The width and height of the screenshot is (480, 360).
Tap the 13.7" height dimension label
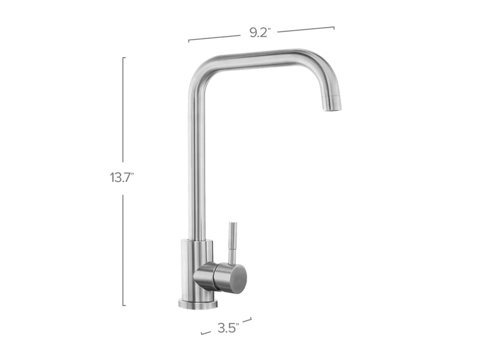121,178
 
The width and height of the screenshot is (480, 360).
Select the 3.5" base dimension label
228,328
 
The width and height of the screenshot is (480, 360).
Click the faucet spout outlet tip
332,107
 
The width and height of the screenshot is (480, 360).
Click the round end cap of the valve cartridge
238,278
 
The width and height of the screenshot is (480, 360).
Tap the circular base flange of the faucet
198,304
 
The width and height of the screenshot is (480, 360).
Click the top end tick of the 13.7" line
124,58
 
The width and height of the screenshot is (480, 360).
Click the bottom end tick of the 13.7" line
124,305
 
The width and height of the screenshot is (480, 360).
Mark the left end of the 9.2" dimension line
189,41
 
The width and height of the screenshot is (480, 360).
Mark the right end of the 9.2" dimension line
334,26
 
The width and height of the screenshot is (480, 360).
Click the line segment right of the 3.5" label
247,320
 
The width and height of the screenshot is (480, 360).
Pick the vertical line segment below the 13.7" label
124,249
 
